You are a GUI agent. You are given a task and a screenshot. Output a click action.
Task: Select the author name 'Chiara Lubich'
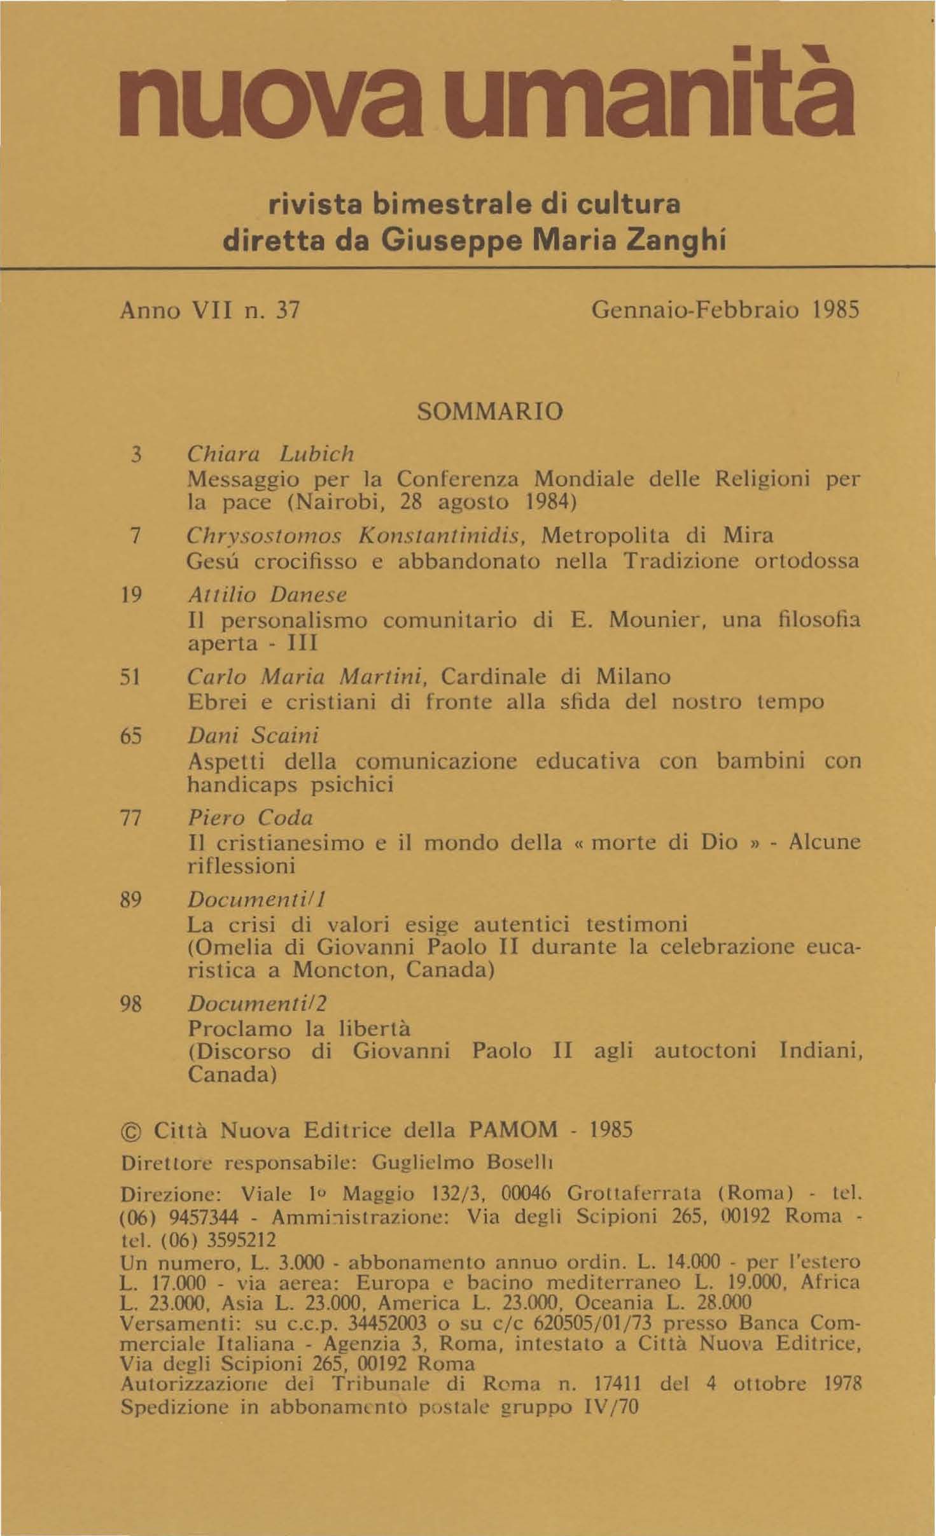tap(270, 454)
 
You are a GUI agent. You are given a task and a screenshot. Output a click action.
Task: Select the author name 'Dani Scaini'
tap(253, 736)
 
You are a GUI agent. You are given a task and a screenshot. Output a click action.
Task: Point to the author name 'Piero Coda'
tap(249, 818)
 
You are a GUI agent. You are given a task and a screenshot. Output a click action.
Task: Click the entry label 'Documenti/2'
tap(257, 1003)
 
